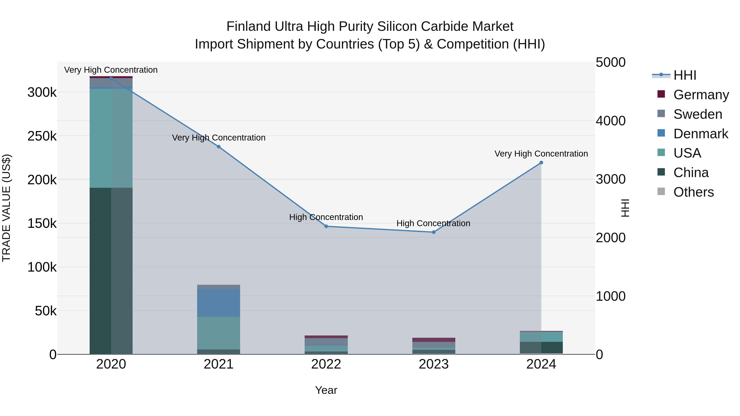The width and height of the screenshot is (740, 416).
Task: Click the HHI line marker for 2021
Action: (219, 147)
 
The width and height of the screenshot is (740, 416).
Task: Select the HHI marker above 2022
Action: (326, 226)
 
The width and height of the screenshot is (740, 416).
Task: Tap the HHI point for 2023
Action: (434, 232)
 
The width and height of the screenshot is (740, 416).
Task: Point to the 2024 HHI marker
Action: (541, 162)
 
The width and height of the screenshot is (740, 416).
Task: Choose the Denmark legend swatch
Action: (661, 133)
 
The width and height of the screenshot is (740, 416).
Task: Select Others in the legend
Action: (694, 192)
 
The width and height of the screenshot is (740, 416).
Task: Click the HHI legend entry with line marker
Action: (661, 75)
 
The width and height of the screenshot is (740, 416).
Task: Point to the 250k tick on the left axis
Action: (42, 136)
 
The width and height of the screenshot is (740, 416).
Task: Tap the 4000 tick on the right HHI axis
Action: (610, 121)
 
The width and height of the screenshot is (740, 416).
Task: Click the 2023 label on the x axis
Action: (434, 364)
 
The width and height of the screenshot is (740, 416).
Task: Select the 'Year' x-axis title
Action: (326, 390)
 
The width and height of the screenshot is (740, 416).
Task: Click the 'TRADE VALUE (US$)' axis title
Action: (7, 208)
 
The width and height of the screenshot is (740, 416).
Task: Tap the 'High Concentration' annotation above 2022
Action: (326, 217)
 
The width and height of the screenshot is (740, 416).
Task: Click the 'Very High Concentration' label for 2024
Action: (541, 154)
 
